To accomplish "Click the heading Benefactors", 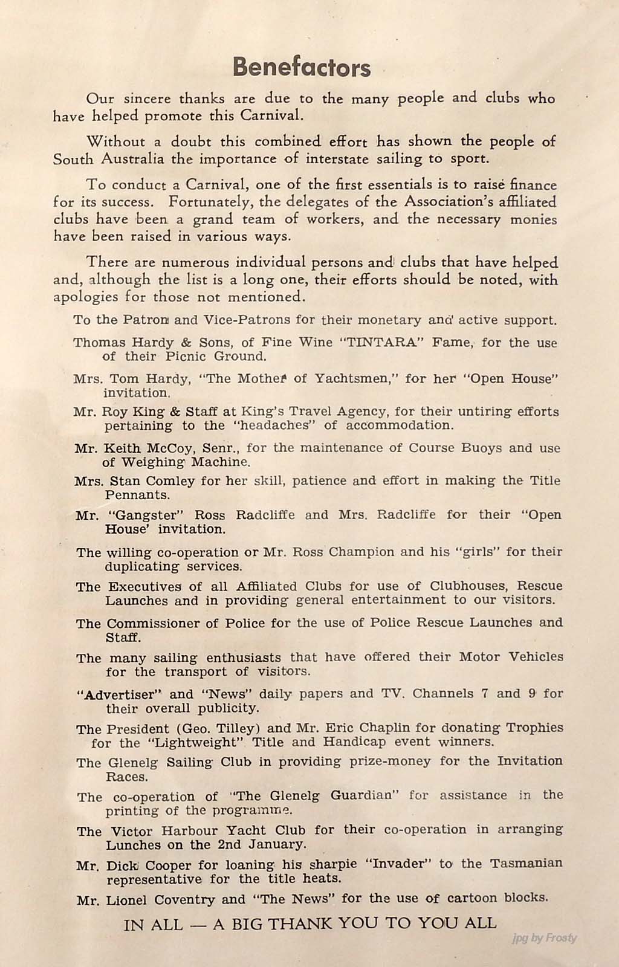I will tap(302, 67).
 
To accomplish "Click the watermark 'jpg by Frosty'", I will tap(544, 938).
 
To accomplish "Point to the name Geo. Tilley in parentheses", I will tap(216, 728).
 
